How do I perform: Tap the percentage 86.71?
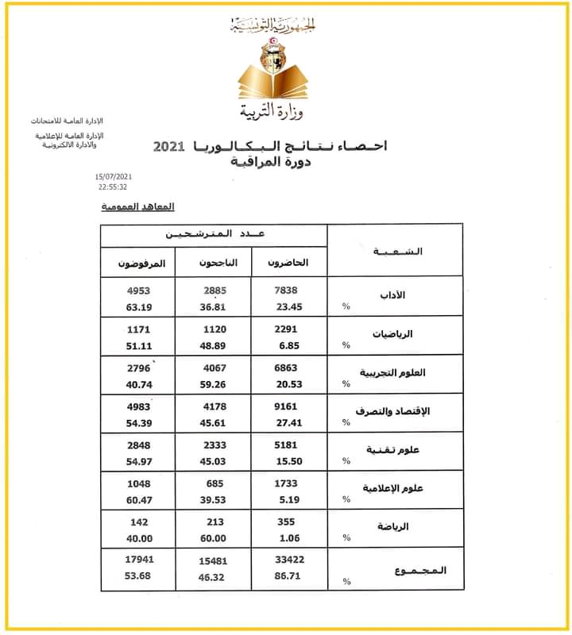287,576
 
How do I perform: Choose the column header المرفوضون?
139,262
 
